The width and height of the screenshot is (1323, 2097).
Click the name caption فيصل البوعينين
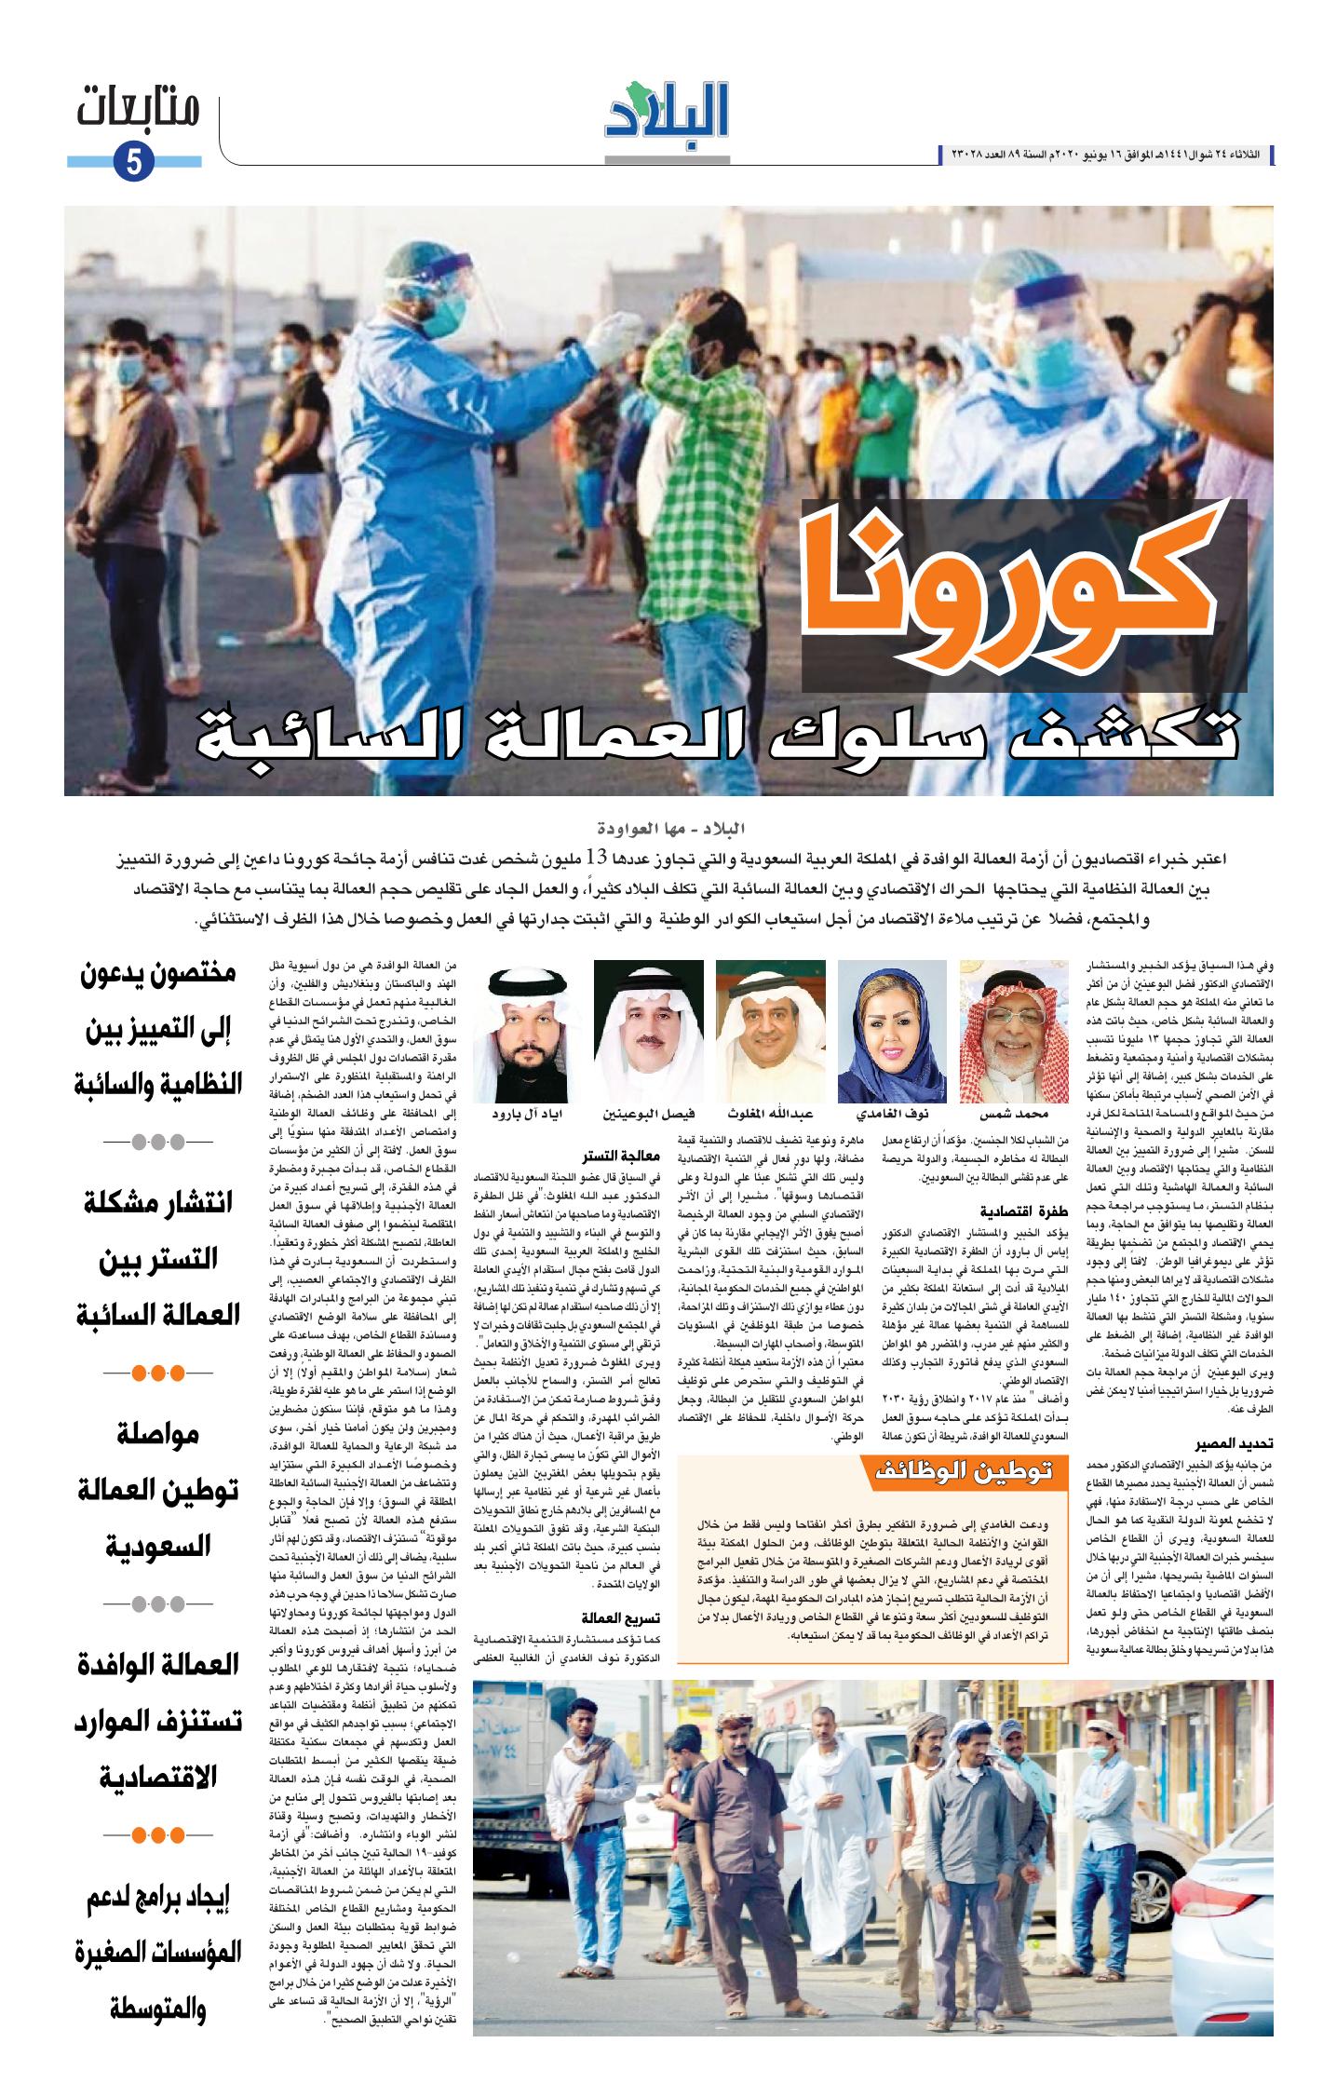tap(649, 1114)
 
